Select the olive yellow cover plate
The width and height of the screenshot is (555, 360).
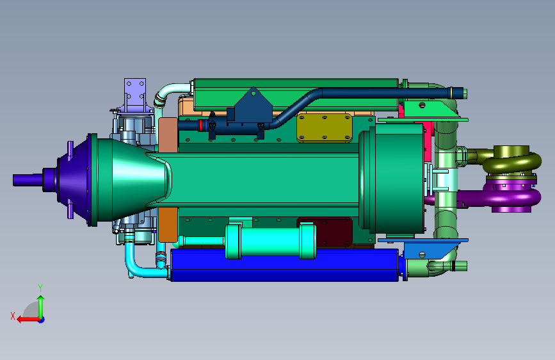coord(325,127)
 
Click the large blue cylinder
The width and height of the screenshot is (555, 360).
coord(284,265)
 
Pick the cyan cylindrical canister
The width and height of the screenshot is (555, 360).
coord(271,241)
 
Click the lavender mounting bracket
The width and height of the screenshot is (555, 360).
coord(134,94)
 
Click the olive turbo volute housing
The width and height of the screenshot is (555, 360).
coord(511,159)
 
